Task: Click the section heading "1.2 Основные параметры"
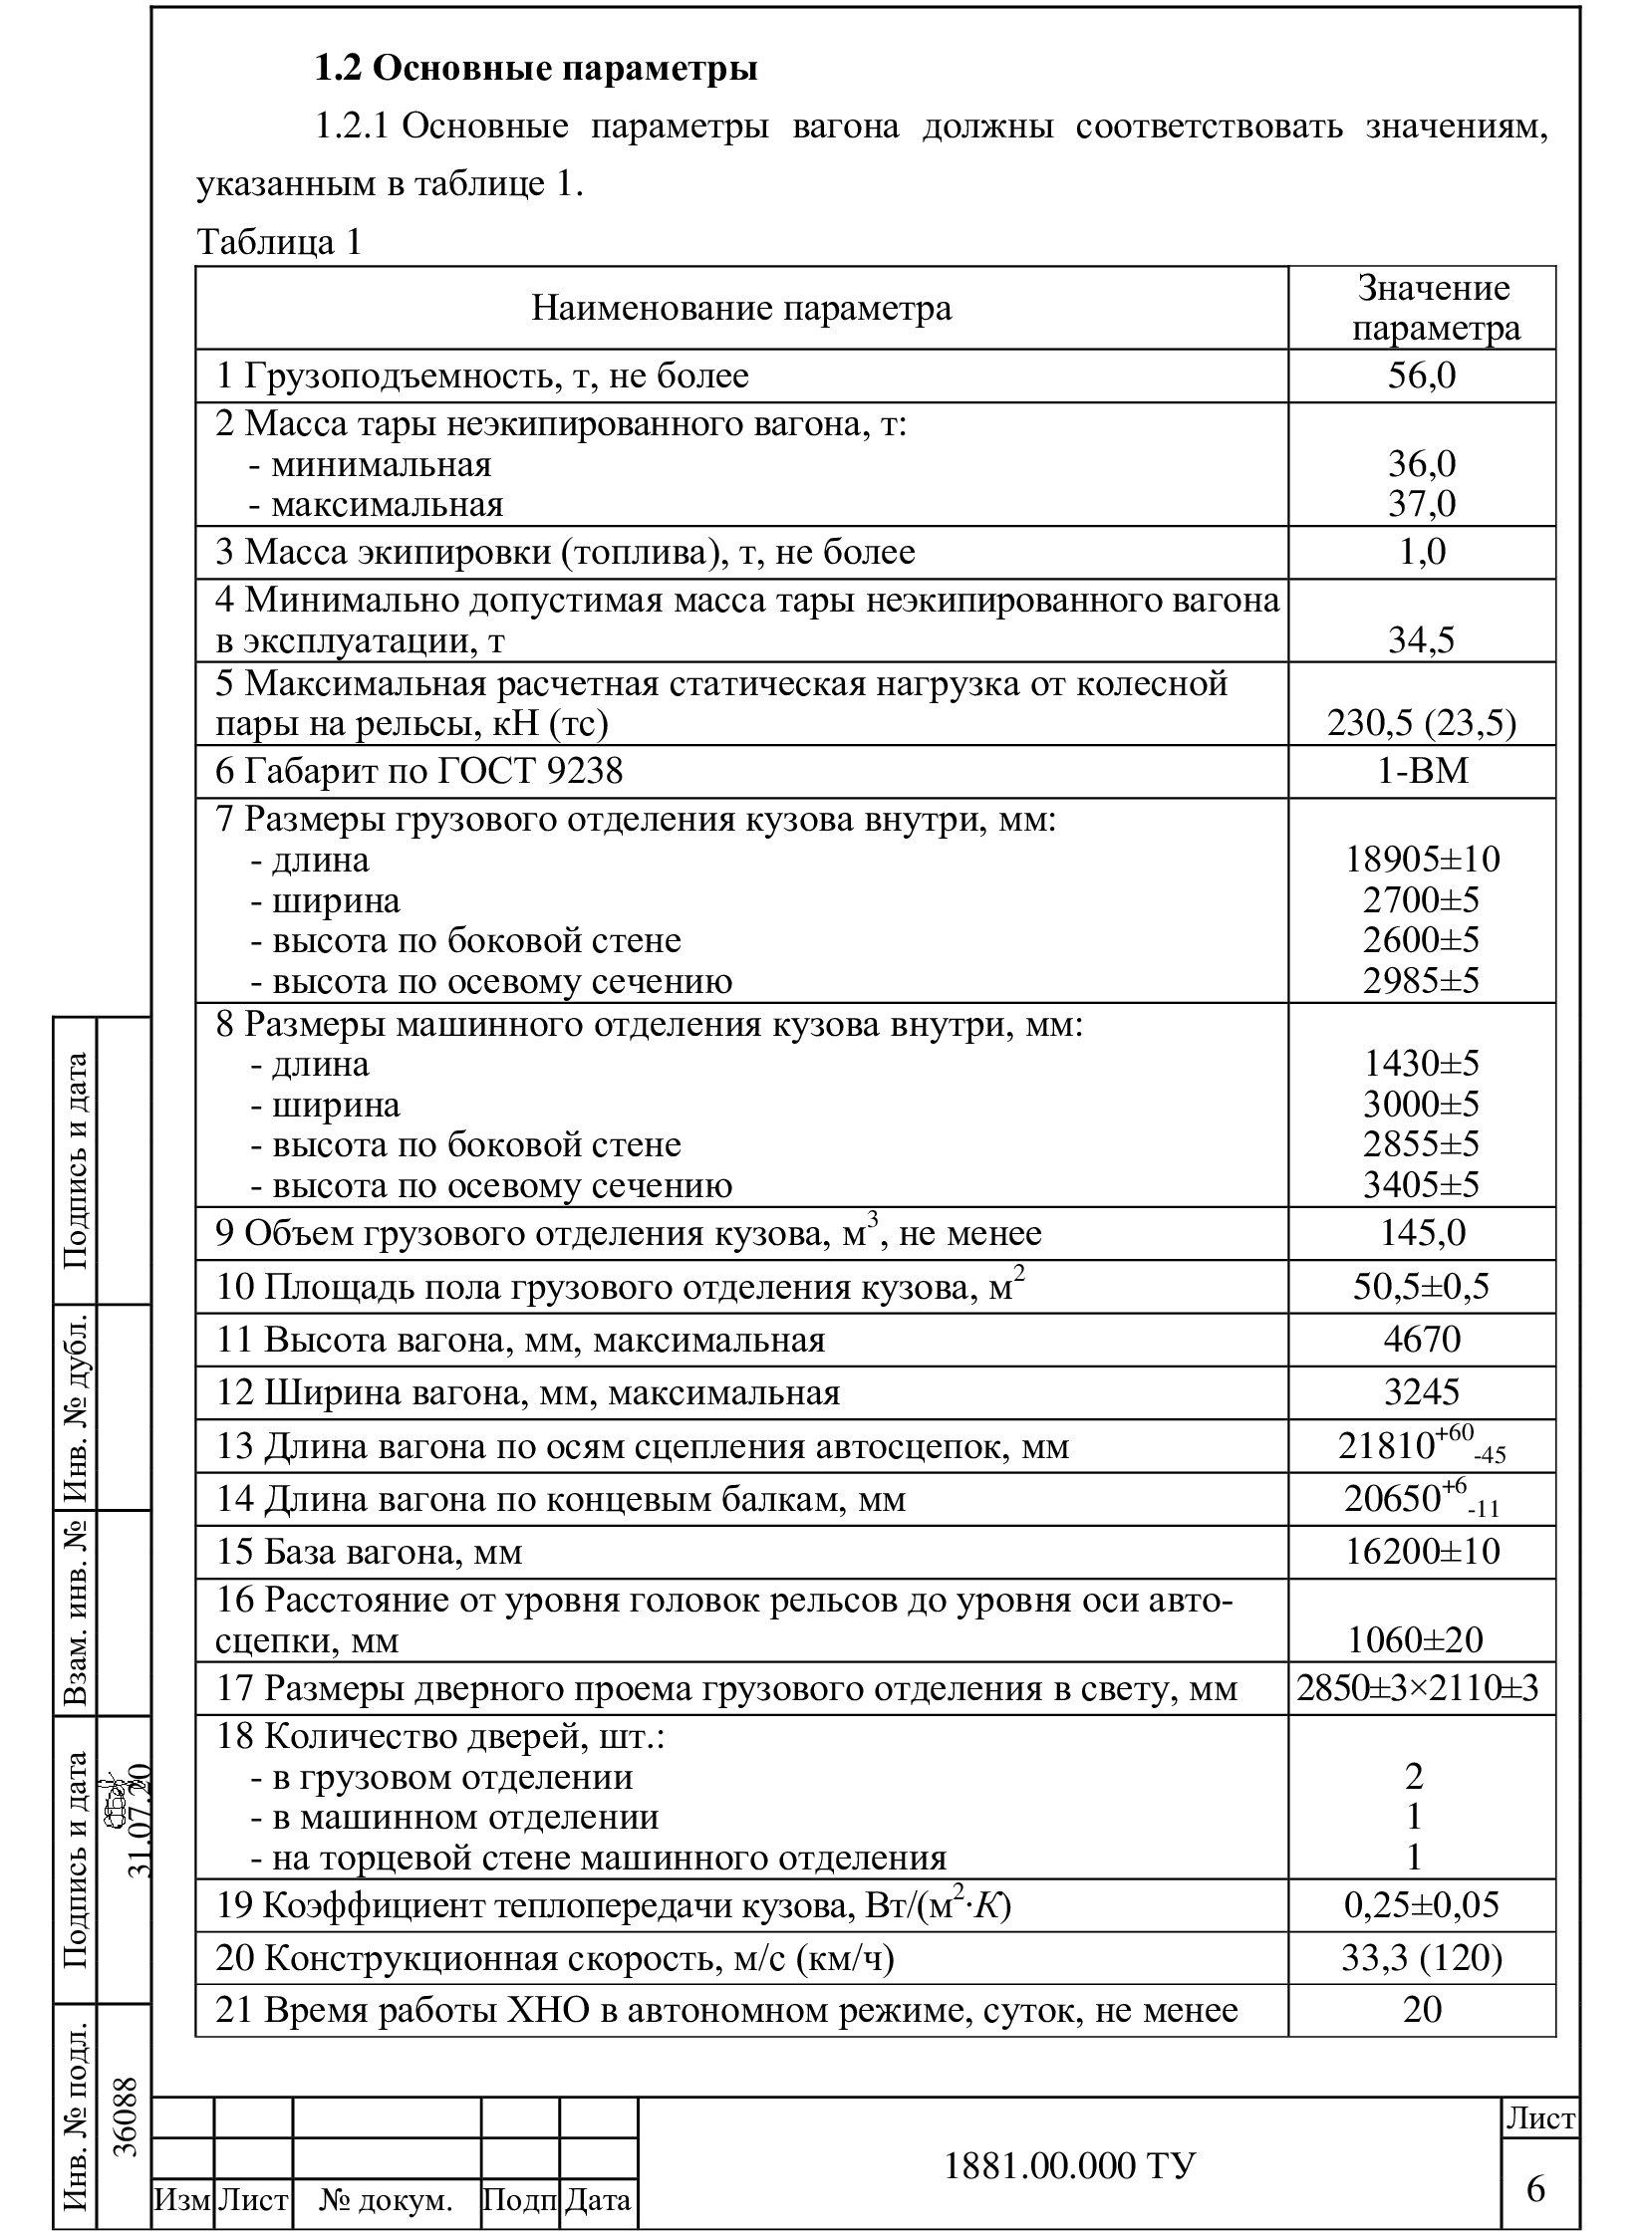[x=536, y=68]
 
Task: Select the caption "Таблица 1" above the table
[x=279, y=242]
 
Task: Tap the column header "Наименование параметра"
[x=741, y=308]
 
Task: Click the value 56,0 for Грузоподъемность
[x=1422, y=376]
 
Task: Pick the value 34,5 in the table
[x=1422, y=640]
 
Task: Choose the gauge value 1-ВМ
[x=1422, y=772]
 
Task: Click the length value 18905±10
[x=1422, y=860]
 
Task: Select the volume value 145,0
[x=1422, y=1234]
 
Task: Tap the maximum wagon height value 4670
[x=1422, y=1340]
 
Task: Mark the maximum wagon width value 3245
[x=1422, y=1392]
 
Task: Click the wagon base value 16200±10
[x=1422, y=1552]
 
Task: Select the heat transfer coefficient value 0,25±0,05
[x=1422, y=1906]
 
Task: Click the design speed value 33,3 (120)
[x=1422, y=1959]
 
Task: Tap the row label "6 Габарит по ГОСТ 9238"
[x=419, y=772]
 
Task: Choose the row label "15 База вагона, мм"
[x=369, y=1553]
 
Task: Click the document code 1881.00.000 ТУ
[x=1068, y=2165]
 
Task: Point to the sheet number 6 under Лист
[x=1535, y=2188]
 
